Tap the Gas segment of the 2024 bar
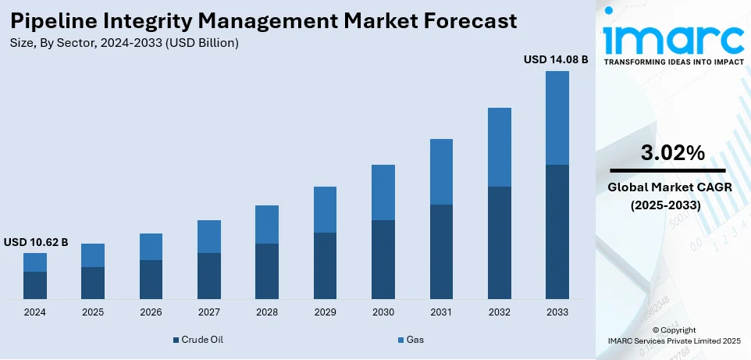tap(35, 262)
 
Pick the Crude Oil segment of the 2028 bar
tap(267, 271)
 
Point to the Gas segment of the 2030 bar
tap(383, 192)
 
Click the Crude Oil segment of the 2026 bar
tap(151, 280)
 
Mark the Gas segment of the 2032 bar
tap(499, 147)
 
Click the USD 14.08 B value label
tap(556, 59)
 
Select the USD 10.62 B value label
tap(36, 242)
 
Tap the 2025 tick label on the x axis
tap(93, 312)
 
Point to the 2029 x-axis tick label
tap(325, 312)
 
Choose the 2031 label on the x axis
tap(441, 312)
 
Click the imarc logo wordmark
tap(674, 35)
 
